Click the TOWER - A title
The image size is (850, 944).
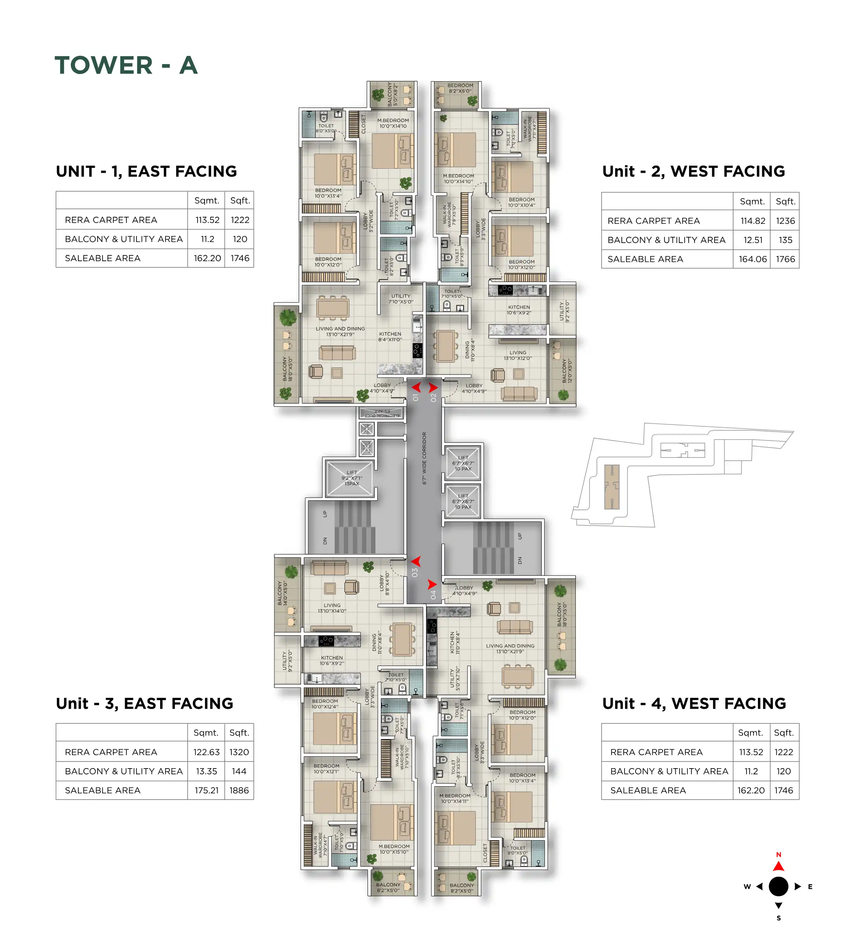point(126,65)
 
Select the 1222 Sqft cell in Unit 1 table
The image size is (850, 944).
point(240,220)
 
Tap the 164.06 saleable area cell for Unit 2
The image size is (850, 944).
point(752,259)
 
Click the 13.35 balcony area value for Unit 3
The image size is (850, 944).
point(207,771)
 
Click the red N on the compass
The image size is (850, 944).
point(778,854)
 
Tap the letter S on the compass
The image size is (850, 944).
point(778,918)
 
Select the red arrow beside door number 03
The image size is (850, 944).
point(416,561)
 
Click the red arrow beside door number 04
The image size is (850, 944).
point(432,584)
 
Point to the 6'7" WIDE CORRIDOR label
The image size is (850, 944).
point(424,458)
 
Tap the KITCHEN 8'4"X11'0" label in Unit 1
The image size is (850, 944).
point(390,337)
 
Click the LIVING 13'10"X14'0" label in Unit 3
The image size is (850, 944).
point(332,608)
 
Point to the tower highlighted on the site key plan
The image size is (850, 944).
point(612,487)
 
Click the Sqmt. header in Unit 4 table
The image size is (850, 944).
point(750,733)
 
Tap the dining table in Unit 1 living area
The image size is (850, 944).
point(333,308)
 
